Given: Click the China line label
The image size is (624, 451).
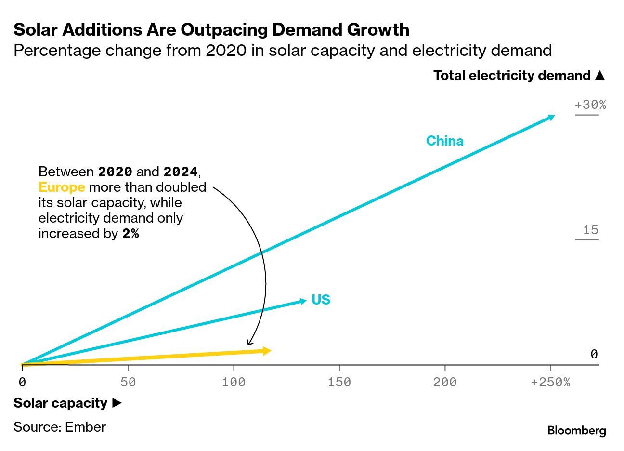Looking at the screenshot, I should [444, 141].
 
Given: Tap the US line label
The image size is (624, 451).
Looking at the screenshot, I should [321, 300].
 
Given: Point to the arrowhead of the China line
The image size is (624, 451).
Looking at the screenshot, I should [551, 117].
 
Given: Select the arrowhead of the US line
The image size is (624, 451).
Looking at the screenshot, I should [303, 301].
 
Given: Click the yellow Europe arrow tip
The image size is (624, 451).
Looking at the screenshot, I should [267, 351].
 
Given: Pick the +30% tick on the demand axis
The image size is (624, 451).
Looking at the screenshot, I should [590, 105].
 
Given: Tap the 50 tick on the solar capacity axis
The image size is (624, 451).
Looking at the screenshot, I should [128, 382].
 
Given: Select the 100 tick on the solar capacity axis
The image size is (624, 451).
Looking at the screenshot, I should [234, 382].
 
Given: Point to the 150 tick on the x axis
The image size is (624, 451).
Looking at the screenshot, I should [339, 382].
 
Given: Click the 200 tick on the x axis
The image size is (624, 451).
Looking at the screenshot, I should [444, 382].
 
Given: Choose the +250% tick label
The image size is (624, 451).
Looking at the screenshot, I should [550, 382].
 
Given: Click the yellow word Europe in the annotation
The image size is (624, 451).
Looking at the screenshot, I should [62, 187].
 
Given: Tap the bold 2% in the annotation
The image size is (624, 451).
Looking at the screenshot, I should [130, 234].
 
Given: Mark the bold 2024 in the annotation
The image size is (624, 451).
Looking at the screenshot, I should [181, 172].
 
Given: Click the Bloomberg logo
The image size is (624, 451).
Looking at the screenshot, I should [576, 430].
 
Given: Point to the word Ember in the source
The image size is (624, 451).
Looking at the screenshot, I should [85, 427].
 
